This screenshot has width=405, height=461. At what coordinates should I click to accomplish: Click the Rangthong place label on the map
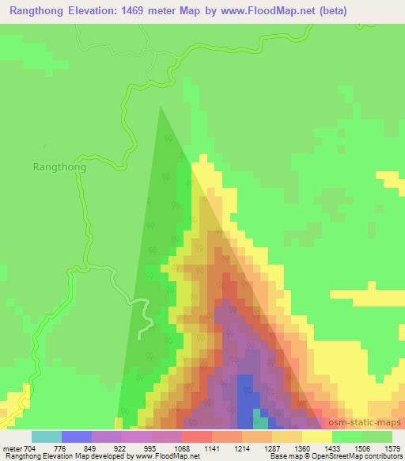point(59,167)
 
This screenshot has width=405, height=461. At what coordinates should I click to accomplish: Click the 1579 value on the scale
point(393,448)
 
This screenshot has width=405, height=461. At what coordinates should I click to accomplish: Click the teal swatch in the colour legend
point(47,436)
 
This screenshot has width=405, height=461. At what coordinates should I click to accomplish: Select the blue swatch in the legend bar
point(77,436)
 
